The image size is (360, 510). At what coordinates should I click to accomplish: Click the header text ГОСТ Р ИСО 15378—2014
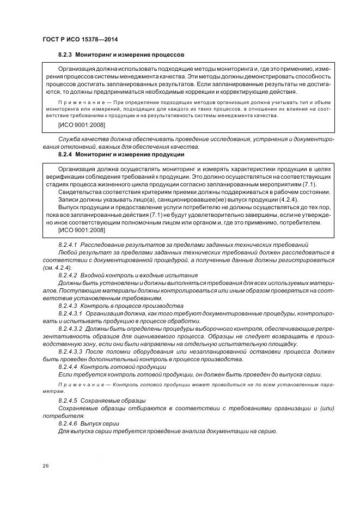coord(80,40)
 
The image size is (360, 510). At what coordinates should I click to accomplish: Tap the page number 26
coord(45,465)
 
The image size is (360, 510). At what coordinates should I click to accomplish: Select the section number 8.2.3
coord(65,55)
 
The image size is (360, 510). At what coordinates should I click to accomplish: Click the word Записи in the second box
coord(68,200)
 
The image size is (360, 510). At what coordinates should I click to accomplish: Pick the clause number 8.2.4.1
coord(68,245)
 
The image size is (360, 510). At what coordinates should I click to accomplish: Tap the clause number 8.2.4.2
coord(68,276)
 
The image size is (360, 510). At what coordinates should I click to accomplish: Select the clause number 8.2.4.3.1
coord(70,313)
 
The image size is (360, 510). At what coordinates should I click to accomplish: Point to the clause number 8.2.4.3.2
coord(70,329)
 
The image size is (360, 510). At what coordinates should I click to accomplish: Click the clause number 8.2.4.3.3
coord(70,351)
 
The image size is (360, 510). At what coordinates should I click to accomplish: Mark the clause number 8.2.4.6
coord(68,423)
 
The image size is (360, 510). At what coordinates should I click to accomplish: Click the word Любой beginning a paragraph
coord(68,253)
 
